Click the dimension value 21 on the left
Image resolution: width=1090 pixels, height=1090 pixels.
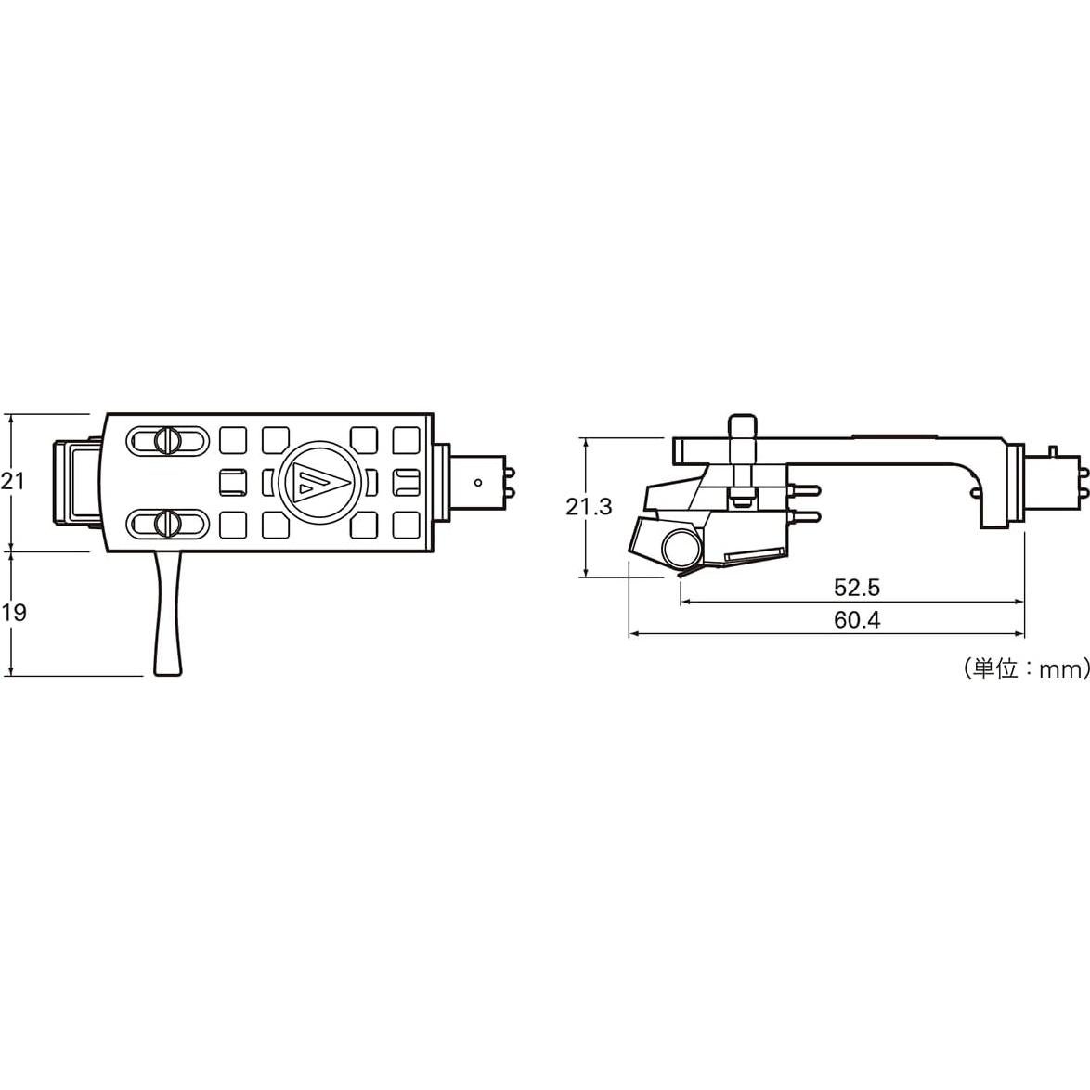coord(12,481)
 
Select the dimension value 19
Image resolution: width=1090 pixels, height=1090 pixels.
coord(14,613)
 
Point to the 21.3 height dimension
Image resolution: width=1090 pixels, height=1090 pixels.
coord(589,506)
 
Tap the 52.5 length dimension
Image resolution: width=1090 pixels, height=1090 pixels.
coord(856,587)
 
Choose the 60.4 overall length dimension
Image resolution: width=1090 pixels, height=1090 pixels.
coord(856,620)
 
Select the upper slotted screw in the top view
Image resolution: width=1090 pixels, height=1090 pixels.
coord(166,440)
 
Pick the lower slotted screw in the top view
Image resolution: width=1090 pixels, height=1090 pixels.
coord(166,523)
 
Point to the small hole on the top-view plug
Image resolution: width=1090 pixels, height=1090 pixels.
coord(477,482)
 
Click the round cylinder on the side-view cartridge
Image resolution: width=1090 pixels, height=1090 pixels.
coord(681,547)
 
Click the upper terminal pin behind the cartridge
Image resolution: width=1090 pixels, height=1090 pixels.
coord(805,489)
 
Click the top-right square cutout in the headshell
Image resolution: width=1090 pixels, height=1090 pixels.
coord(407,439)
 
